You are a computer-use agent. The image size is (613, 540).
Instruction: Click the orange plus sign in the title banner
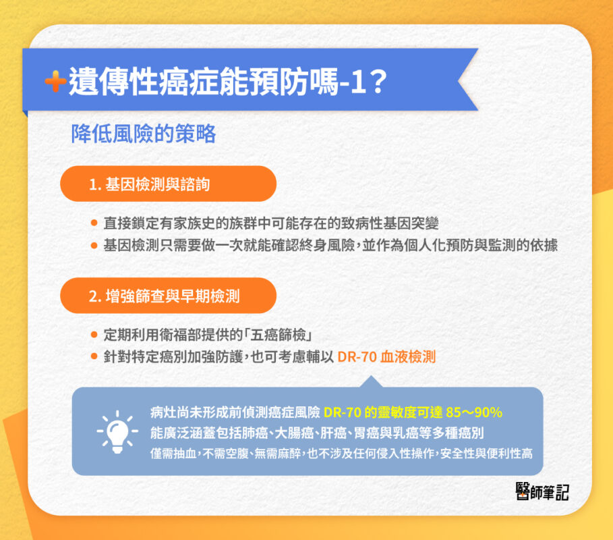pos(55,82)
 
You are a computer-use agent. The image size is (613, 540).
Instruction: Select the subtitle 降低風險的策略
pos(144,134)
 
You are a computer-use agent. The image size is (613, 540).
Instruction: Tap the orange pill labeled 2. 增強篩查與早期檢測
pos(168,296)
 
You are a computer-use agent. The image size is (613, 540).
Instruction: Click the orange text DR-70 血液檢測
pos(386,357)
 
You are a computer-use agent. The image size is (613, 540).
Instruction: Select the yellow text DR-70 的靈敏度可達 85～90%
pos(413,412)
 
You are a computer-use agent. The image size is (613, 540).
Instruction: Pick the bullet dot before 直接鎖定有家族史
pos(94,223)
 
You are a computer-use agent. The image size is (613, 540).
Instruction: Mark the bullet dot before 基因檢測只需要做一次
pos(94,245)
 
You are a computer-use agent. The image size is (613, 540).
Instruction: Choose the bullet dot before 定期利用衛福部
pos(94,335)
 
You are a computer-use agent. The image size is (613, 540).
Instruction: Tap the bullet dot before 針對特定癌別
pos(94,357)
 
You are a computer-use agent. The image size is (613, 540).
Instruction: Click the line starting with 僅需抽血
pos(341,453)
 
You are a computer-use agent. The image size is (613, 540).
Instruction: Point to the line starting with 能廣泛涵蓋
pos(317,433)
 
